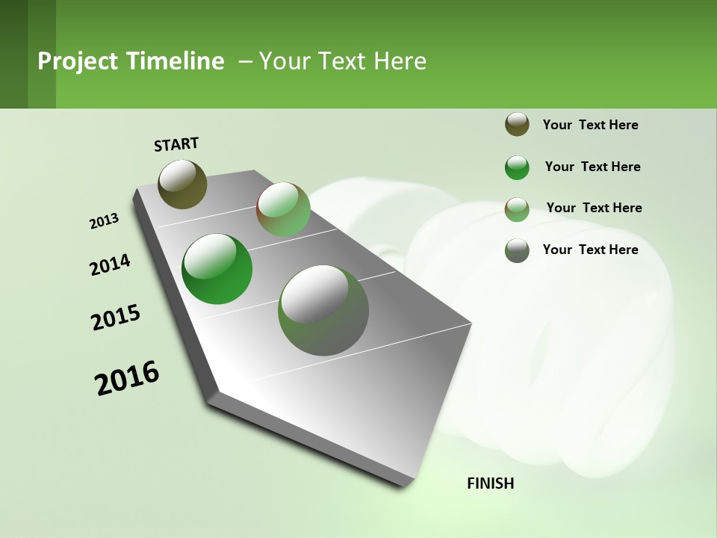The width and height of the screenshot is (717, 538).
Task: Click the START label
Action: (x=176, y=144)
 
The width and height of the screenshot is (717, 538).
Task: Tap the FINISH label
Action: (x=490, y=483)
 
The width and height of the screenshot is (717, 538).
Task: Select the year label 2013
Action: (x=105, y=221)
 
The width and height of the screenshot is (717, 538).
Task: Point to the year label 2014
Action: (x=111, y=265)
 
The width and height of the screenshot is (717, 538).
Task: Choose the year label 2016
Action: (x=127, y=378)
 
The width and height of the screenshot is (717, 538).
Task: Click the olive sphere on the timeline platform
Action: (x=182, y=184)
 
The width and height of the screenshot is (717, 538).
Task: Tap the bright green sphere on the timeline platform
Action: (x=217, y=269)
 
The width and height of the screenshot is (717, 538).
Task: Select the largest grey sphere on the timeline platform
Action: (x=323, y=310)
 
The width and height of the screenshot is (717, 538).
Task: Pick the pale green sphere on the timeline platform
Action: (x=283, y=210)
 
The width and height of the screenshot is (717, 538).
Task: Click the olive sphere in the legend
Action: (x=517, y=125)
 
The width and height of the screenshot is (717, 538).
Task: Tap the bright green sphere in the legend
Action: (x=517, y=167)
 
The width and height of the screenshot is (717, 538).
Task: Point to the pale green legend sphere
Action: (x=517, y=209)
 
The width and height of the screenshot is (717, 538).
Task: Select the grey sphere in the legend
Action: (x=517, y=250)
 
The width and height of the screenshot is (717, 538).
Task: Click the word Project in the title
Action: (x=77, y=61)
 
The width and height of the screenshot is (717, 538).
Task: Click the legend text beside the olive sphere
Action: (x=590, y=126)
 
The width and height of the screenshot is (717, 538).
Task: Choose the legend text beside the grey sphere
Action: (x=590, y=250)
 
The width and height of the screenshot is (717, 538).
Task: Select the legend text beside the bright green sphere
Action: (x=592, y=167)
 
